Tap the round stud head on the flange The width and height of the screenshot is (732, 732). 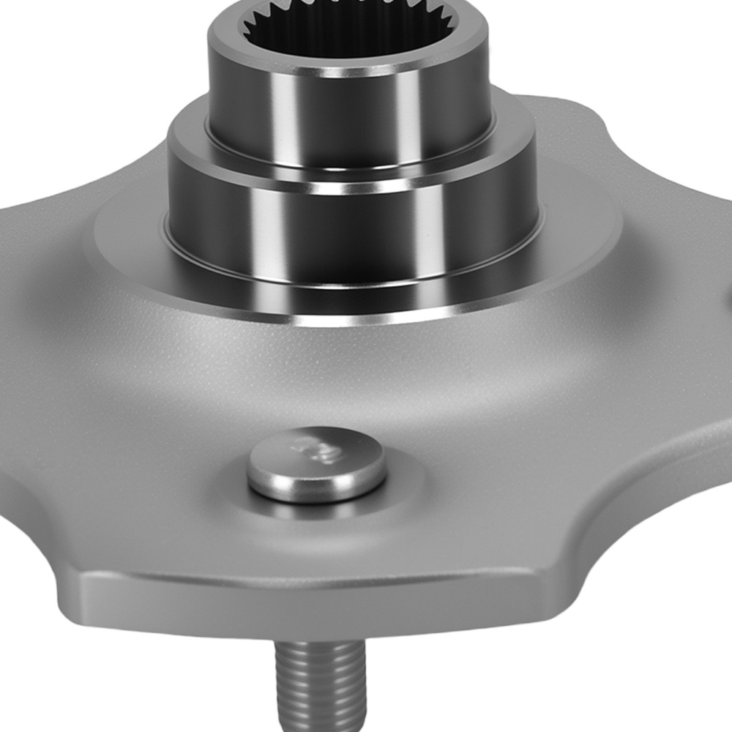pyautogui.click(x=316, y=457)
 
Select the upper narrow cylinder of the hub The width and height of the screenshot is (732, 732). pyautogui.click(x=344, y=110)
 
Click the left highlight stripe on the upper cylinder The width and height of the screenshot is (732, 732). pyautogui.click(x=282, y=110)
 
